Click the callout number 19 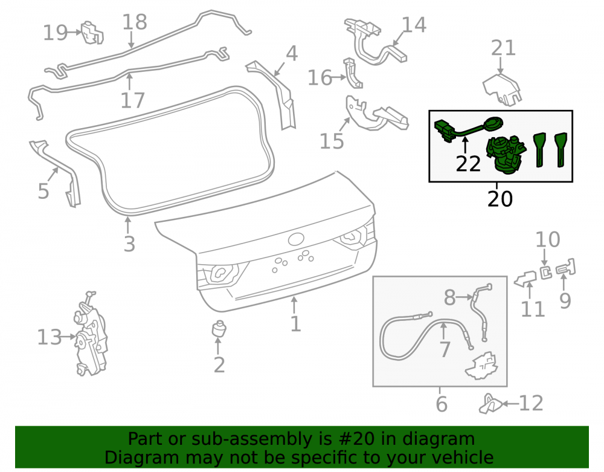[55, 33]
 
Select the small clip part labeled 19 [92, 33]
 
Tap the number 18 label [135, 22]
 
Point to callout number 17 [132, 100]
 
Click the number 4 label [292, 54]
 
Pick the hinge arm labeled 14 [376, 42]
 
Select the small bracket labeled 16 [353, 73]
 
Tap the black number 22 [468, 164]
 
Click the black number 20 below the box [500, 199]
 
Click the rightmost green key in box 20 [561, 150]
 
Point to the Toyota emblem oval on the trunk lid [296, 239]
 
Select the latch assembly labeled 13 [90, 334]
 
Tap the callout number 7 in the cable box [445, 349]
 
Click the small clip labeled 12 [490, 404]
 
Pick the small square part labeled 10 [546, 272]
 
